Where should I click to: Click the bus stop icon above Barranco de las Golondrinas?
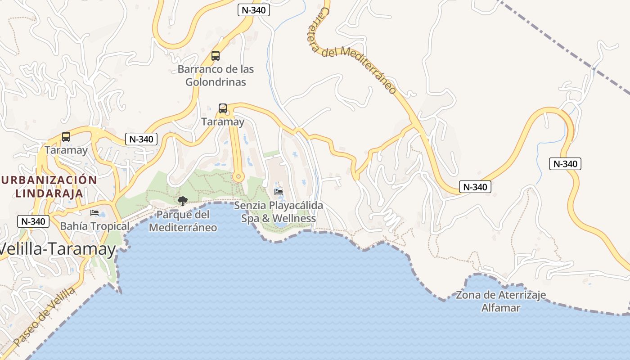pyautogui.click(x=216, y=56)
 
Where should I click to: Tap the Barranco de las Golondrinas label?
pyautogui.click(x=216, y=76)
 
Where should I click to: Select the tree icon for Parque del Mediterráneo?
pyautogui.click(x=182, y=201)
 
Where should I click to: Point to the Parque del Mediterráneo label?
pyautogui.click(x=183, y=221)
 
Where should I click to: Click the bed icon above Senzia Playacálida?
pyautogui.click(x=279, y=192)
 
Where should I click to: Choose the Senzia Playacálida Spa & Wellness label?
pyautogui.click(x=279, y=212)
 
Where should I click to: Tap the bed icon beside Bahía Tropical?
pyautogui.click(x=94, y=212)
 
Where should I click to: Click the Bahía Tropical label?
pyautogui.click(x=94, y=225)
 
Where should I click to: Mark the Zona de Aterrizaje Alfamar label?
pyautogui.click(x=501, y=301)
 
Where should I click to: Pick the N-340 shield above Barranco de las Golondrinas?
pyautogui.click(x=253, y=10)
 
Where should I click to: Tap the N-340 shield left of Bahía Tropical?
pyautogui.click(x=33, y=221)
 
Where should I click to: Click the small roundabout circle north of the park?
pyautogui.click(x=238, y=176)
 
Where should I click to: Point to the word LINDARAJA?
pyautogui.click(x=49, y=193)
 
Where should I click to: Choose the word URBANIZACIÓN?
pyautogui.click(x=49, y=180)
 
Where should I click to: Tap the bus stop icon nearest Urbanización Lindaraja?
pyautogui.click(x=66, y=137)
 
